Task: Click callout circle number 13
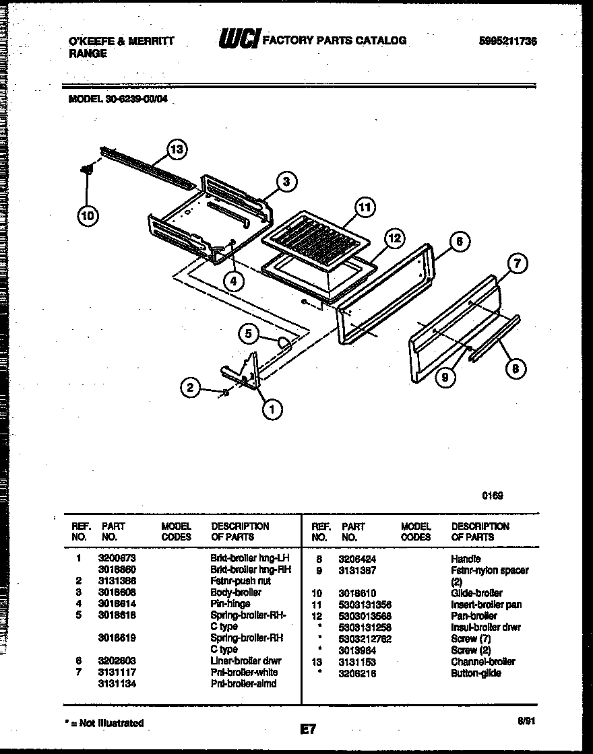(x=177, y=150)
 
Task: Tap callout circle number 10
(x=88, y=215)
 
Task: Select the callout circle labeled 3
(x=286, y=181)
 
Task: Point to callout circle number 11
(x=365, y=208)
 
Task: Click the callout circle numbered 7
(x=516, y=264)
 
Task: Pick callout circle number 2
(x=191, y=387)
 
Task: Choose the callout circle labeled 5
(x=249, y=333)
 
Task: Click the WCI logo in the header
(x=239, y=40)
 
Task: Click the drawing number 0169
(x=493, y=495)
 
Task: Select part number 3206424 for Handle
(x=357, y=559)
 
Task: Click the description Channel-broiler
(x=482, y=662)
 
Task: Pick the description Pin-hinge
(x=230, y=604)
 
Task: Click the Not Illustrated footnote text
(x=104, y=723)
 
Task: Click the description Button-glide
(x=476, y=673)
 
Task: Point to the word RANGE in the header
(x=88, y=53)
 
